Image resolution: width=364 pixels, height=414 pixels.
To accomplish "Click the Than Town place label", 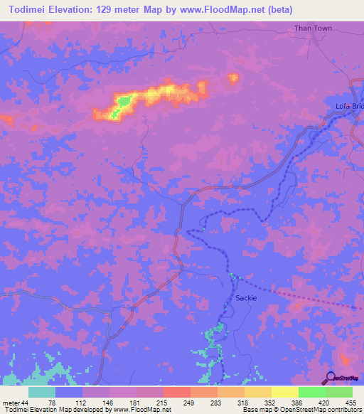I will pyautogui.click(x=314, y=28).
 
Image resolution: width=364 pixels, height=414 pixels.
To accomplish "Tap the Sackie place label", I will pyautogui.click(x=245, y=298).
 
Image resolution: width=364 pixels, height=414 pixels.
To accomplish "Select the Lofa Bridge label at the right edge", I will pyautogui.click(x=348, y=106).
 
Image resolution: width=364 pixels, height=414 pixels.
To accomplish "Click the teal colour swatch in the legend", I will pyautogui.click(x=42, y=392).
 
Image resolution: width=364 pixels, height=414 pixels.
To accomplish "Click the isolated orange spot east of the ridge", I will pyautogui.click(x=232, y=78).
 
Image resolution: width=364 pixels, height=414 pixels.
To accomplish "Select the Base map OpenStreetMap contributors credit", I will pyautogui.click(x=299, y=410).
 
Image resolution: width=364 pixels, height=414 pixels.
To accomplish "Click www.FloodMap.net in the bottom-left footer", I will pyautogui.click(x=139, y=410).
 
